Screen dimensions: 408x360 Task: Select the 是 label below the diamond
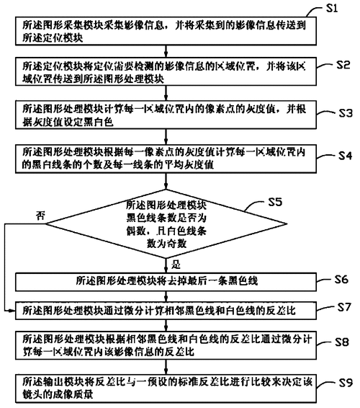(166, 265)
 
